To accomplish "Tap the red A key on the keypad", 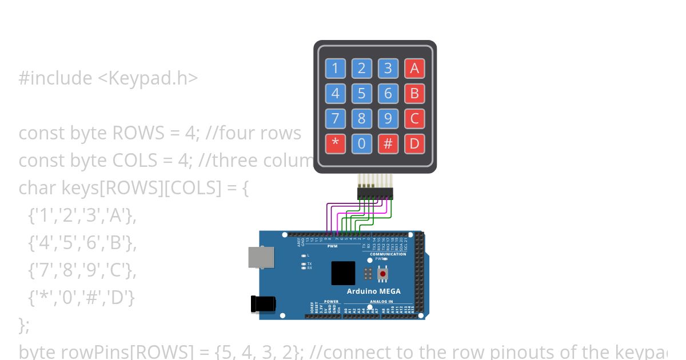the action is click(x=414, y=69).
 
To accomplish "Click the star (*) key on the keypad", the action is click(x=336, y=143).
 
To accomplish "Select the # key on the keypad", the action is click(x=388, y=143).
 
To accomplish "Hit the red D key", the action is click(x=414, y=143).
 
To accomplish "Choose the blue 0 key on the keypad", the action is click(x=362, y=143).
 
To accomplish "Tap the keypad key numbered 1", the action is click(x=336, y=69).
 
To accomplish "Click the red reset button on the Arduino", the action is click(x=382, y=274).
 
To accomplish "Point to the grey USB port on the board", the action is click(x=260, y=257).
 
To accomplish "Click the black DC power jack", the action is click(x=262, y=303).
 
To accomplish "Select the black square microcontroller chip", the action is click(x=343, y=273).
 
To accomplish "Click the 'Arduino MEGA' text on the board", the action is click(x=373, y=291).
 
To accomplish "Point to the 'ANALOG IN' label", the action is click(x=381, y=302).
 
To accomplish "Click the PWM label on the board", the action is click(x=333, y=246).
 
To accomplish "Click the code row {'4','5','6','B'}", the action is click(x=82, y=243).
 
